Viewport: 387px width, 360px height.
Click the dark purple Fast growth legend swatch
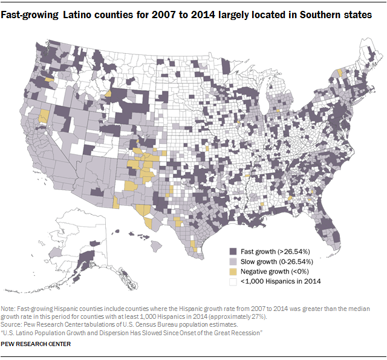[233, 251]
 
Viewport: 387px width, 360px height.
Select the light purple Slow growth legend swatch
[233, 261]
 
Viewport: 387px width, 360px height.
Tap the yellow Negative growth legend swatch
[233, 272]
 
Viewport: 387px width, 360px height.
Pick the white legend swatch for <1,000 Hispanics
[233, 282]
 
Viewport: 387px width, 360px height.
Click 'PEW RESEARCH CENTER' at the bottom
[36, 344]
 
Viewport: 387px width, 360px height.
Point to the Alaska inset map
[85, 242]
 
